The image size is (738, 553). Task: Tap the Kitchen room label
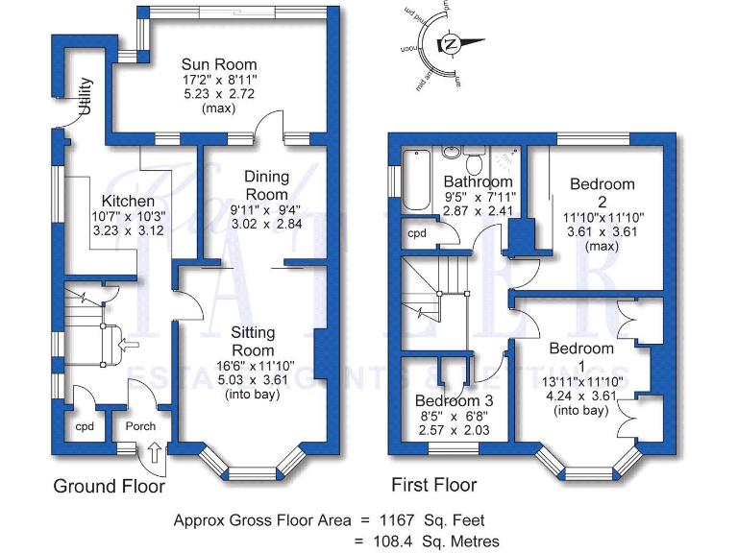click(x=129, y=201)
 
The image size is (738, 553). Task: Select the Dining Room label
click(x=266, y=185)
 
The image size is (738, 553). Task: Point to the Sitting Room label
click(x=253, y=341)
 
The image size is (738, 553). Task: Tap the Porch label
click(x=134, y=425)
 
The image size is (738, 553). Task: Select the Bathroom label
click(x=478, y=181)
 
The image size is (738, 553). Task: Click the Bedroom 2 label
click(x=603, y=192)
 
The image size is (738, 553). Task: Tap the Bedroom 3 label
click(x=455, y=400)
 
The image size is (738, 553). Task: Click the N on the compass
click(x=449, y=43)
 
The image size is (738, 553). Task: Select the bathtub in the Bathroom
click(x=417, y=180)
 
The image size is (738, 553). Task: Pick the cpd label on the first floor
click(x=417, y=233)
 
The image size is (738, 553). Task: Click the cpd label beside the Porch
click(x=84, y=425)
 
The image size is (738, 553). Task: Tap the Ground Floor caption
click(x=109, y=486)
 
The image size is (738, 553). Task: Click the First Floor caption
click(x=433, y=485)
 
